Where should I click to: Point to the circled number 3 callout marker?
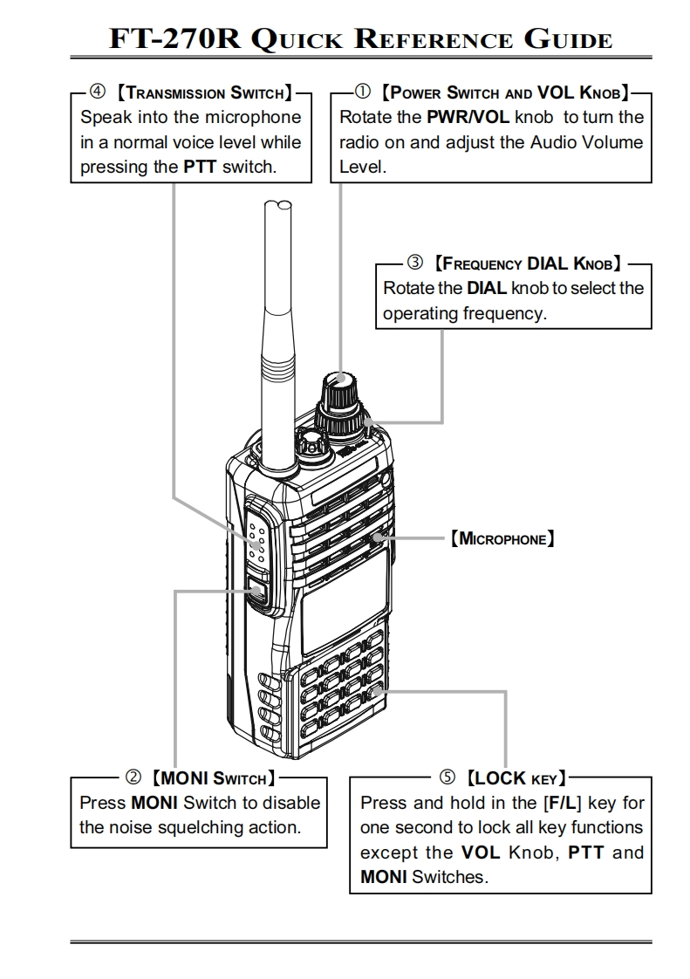(x=415, y=262)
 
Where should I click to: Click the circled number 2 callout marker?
(x=133, y=777)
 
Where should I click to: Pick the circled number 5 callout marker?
(x=447, y=777)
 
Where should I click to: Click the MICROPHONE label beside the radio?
(x=502, y=539)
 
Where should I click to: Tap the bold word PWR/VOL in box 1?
(x=474, y=117)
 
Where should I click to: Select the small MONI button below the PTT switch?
(x=258, y=592)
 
